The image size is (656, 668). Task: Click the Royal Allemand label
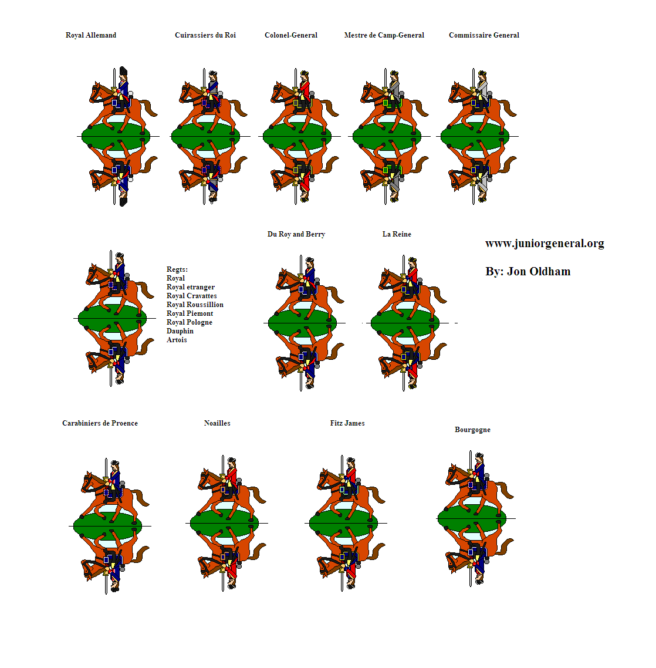tap(91, 35)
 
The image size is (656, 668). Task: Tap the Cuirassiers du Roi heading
tap(205, 35)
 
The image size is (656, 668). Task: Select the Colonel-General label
tap(291, 35)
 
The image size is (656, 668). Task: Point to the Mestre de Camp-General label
tap(384, 35)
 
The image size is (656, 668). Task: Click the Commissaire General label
tap(484, 35)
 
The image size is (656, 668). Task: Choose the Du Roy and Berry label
tap(296, 234)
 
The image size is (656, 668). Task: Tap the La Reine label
tap(397, 234)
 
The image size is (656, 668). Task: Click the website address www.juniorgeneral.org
tap(545, 244)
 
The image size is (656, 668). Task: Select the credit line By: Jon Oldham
tap(527, 272)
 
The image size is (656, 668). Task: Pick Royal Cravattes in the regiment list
tap(192, 296)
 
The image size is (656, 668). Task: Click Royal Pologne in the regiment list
tap(189, 322)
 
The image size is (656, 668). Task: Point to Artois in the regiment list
tap(177, 340)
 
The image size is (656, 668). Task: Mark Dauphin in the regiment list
tap(180, 331)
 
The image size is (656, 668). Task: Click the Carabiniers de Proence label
tap(100, 423)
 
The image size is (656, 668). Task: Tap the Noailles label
tap(217, 423)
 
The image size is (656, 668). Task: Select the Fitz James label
tap(347, 423)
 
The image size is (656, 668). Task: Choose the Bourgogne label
tap(472, 430)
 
